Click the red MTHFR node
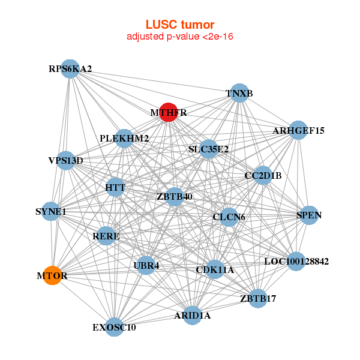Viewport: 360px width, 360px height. click(169, 112)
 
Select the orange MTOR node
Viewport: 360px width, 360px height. click(52, 275)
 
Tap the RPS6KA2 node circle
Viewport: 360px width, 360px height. click(70, 68)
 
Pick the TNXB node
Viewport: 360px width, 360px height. click(239, 93)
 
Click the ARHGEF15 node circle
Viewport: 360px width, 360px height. click(298, 130)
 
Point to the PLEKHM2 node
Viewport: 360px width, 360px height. click(124, 139)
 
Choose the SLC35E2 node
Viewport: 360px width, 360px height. click(208, 149)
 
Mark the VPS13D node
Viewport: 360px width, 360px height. click(66, 160)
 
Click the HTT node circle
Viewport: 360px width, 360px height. click(115, 187)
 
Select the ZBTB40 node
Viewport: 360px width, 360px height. click(175, 197)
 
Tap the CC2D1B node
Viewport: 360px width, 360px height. click(263, 175)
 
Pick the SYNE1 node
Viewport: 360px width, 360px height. click(51, 211)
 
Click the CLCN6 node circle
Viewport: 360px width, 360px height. click(229, 217)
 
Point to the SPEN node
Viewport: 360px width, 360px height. click(309, 215)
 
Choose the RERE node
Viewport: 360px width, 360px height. click(106, 236)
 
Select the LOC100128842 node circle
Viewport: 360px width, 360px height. click(296, 261)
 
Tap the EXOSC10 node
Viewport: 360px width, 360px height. click(114, 327)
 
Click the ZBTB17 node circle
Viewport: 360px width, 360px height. click(258, 298)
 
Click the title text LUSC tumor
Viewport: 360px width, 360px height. click(180, 25)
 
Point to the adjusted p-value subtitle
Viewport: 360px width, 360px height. click(180, 37)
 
